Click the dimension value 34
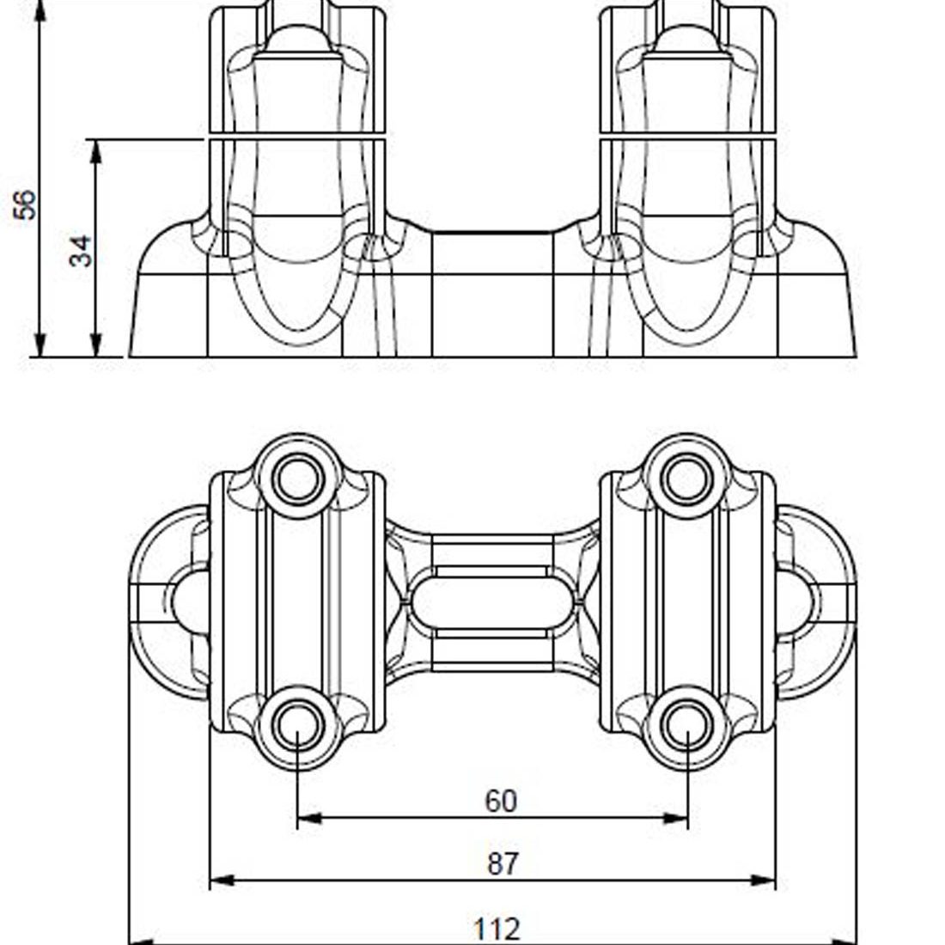(81, 251)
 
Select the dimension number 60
(501, 801)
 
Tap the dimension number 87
(503, 863)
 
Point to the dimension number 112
(497, 929)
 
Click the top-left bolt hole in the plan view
(297, 478)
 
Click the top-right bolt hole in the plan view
(687, 478)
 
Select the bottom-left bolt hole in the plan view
(297, 727)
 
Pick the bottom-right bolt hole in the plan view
(687, 727)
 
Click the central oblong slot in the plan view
(492, 601)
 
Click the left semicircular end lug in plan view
(168, 601)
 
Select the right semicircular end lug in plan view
(816, 601)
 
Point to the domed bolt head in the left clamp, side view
(296, 39)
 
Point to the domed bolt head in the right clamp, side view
(687, 39)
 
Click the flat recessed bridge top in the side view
(491, 234)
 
